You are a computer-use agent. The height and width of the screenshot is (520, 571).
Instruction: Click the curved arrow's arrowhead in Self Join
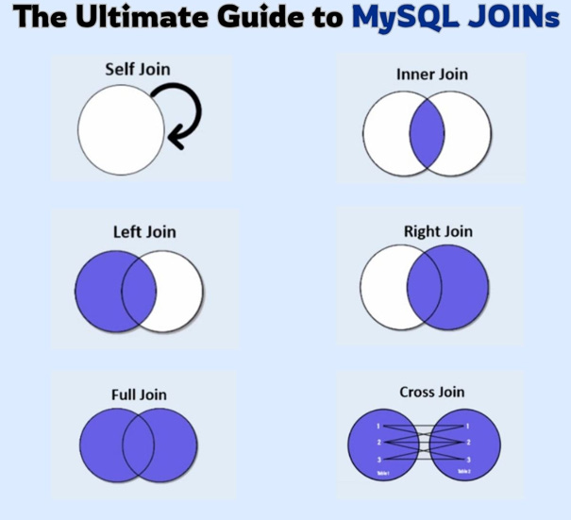tap(174, 139)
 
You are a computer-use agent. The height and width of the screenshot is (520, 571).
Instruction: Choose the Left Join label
tap(144, 231)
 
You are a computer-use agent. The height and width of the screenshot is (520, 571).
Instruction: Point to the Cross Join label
tap(432, 392)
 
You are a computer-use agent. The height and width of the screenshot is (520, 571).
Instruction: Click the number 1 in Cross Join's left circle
tap(353, 426)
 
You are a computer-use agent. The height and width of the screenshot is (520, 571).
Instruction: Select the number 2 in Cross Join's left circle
tap(353, 442)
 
